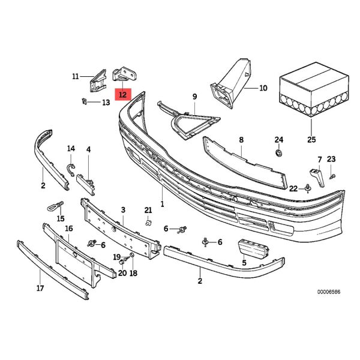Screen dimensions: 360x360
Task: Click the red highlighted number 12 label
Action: point(122,94)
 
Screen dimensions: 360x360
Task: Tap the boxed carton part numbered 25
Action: point(312,96)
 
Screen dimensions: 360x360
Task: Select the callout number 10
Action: point(263,88)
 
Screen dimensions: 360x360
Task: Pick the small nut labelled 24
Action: point(278,154)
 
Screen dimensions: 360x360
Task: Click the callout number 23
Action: point(332,159)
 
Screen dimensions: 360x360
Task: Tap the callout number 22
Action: point(292,188)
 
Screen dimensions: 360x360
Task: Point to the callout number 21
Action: point(148,209)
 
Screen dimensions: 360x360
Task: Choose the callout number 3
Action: point(123,209)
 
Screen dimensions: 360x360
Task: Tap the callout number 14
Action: point(71,149)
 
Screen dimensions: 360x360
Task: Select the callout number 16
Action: point(68,229)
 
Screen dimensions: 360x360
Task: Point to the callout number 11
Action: point(75,76)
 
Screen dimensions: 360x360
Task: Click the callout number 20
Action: point(122,273)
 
